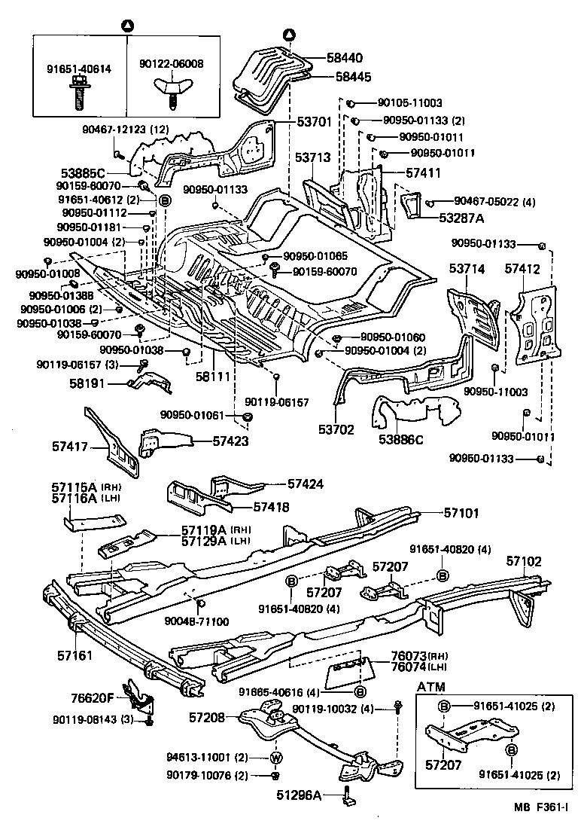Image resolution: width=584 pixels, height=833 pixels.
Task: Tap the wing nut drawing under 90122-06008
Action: (172, 93)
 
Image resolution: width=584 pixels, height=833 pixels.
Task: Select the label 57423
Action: (231, 442)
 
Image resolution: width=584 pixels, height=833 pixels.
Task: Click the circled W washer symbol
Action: (275, 758)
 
